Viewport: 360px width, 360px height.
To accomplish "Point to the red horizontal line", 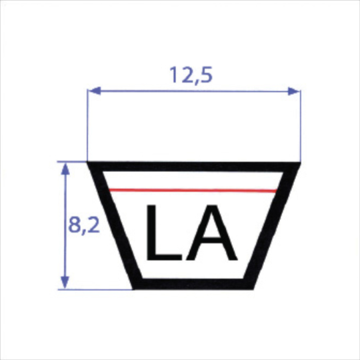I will (193, 191).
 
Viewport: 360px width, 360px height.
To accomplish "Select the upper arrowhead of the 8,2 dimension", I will (65, 167).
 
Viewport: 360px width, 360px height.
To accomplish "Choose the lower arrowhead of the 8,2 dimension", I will (65, 284).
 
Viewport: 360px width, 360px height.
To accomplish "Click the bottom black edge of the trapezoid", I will (193, 285).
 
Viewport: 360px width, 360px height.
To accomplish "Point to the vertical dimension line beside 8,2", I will (65, 200).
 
